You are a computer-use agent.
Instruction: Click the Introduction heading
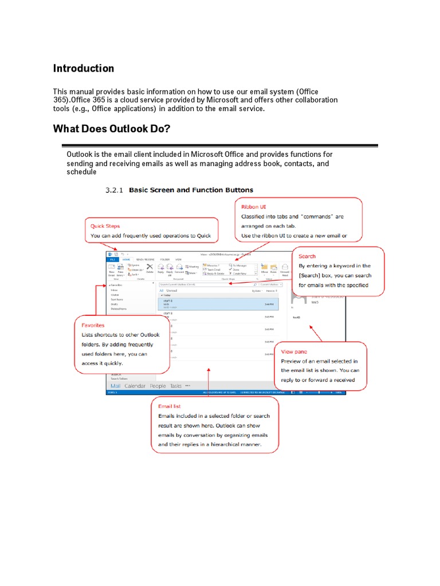pos(84,69)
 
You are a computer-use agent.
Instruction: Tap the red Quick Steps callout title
pos(105,226)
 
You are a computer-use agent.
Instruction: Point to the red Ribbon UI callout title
pos(254,207)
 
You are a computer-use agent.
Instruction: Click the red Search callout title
pos(307,256)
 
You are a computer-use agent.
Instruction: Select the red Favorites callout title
pos(93,325)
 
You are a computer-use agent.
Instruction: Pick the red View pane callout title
pos(294,351)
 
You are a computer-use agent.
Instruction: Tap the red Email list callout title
pos(171,406)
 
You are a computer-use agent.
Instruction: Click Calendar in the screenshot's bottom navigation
pos(135,386)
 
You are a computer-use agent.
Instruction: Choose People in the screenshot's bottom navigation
pos(158,386)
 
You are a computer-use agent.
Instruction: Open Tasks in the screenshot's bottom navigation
pos(175,386)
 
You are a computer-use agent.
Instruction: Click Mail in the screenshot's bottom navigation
pos(116,386)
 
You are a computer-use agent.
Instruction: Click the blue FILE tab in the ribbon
pos(112,259)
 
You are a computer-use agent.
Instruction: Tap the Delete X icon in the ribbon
pos(150,267)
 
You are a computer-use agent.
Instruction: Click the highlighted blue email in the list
pos(218,303)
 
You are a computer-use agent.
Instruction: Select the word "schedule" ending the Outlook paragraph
pos(81,172)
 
